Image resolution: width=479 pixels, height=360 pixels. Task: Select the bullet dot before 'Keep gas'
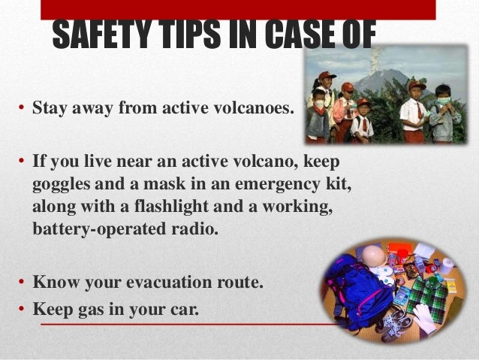click(x=23, y=308)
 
